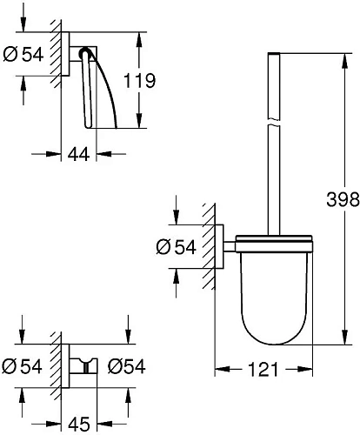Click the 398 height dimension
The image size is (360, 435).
343,198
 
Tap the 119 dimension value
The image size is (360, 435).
139,81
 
